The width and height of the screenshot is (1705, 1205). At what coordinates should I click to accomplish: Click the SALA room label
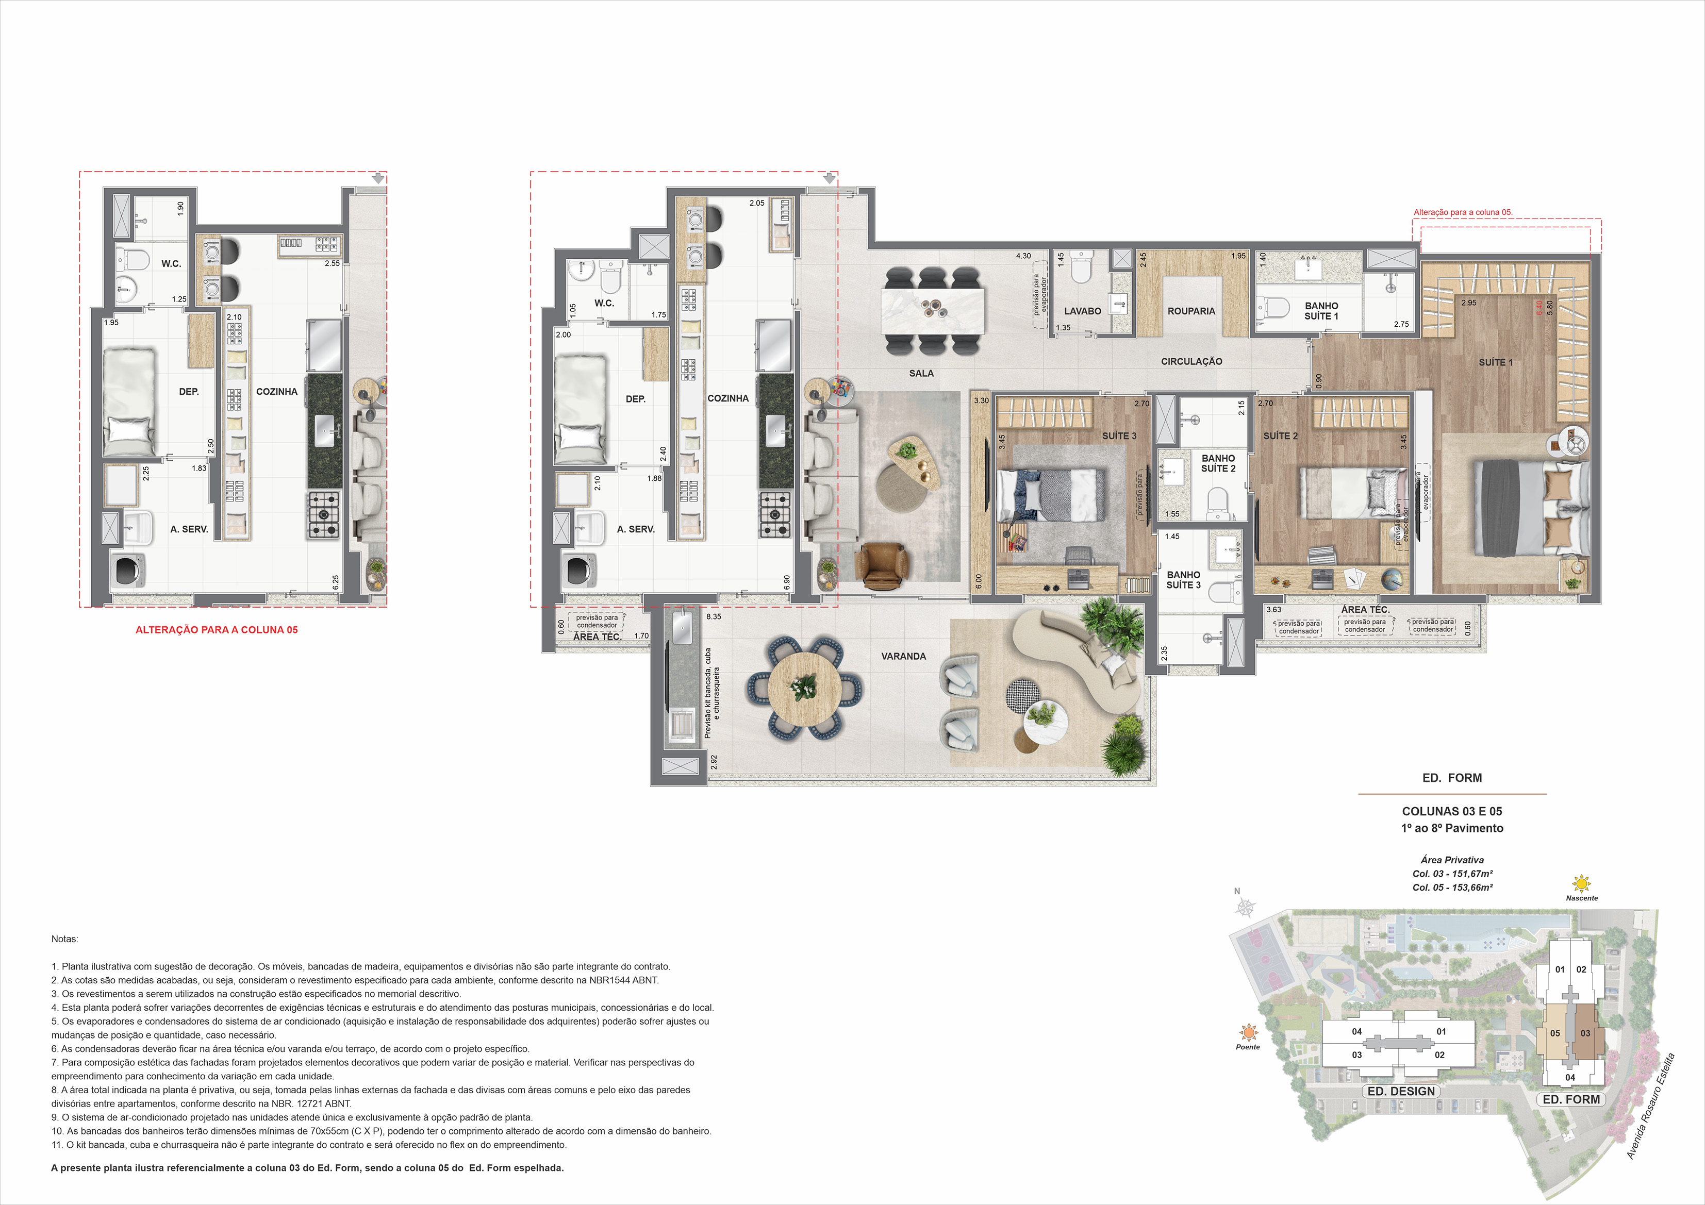coord(921,374)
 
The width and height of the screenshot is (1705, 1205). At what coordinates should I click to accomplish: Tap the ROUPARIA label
coord(1191,311)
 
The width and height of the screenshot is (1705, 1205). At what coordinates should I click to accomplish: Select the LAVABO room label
coord(1082,311)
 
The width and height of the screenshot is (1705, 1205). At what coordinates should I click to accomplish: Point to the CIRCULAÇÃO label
coord(1191,362)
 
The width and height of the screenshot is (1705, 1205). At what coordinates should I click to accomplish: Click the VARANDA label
coord(903,656)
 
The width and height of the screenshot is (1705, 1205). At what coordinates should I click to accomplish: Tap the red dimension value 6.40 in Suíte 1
coord(1540,307)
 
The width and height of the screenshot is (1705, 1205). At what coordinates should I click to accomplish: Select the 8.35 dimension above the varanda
coord(714,617)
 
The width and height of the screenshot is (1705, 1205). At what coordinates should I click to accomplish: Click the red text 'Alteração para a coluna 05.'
coord(1463,212)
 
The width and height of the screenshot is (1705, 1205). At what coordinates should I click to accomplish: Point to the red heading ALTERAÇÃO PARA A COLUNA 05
coord(216,630)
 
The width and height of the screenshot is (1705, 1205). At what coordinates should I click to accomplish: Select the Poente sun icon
coord(1248,1032)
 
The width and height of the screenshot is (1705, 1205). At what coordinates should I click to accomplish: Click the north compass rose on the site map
coord(1245,907)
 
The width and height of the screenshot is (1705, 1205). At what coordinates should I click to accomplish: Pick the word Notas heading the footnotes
coord(64,939)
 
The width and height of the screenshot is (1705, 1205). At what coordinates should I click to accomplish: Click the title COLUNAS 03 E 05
coord(1452,812)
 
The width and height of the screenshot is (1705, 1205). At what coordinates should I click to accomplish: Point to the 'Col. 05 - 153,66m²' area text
coord(1452,887)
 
